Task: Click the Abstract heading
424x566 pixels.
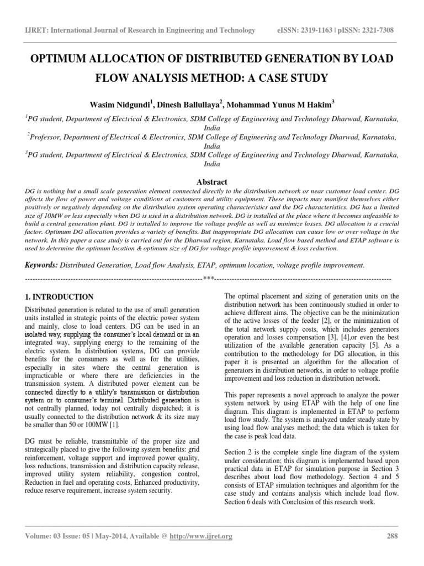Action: (x=211, y=181)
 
